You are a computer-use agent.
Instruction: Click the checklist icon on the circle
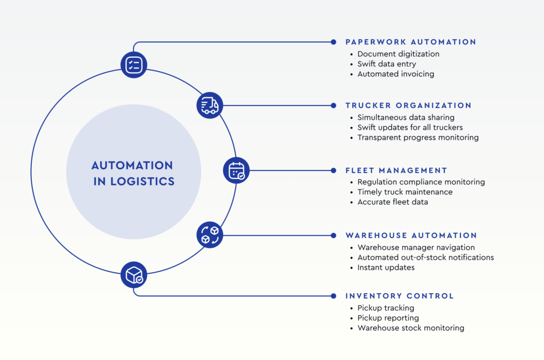coord(134,65)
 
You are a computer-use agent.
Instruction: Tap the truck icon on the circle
coord(210,105)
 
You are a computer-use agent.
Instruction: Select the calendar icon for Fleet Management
coord(236,170)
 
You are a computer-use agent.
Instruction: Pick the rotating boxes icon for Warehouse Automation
coord(210,235)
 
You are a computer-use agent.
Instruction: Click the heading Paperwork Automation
coord(411,42)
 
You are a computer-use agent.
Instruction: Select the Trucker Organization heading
coord(408,106)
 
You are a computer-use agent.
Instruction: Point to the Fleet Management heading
coord(396,170)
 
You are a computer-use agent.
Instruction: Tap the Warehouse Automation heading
coord(411,235)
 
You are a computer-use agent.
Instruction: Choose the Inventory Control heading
coord(399,296)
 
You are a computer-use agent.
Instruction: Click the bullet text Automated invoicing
coord(395,74)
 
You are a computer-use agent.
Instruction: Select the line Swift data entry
coord(386,64)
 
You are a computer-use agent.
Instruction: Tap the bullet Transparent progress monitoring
coord(418,138)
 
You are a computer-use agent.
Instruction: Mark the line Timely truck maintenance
coord(405,192)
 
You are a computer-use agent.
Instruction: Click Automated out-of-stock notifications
coord(426,258)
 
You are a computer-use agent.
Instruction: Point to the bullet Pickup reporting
coord(388,318)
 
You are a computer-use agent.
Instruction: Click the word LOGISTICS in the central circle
coord(142,181)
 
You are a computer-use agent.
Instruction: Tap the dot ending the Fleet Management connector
coord(333,170)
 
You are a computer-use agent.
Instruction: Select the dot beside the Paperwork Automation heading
coord(333,41)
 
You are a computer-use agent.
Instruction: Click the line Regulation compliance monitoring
coord(421,182)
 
